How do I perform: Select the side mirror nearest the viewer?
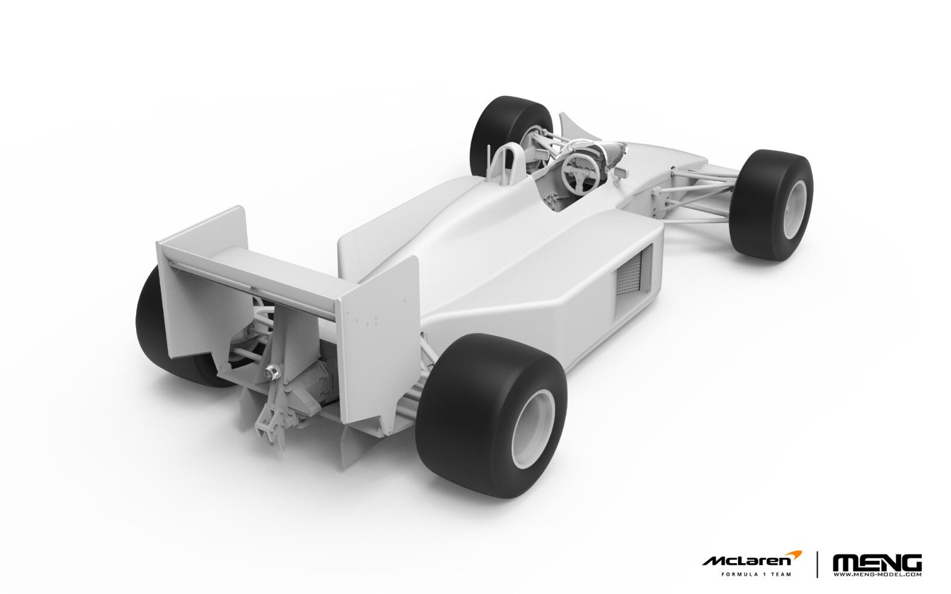622,172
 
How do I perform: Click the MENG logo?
877,562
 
